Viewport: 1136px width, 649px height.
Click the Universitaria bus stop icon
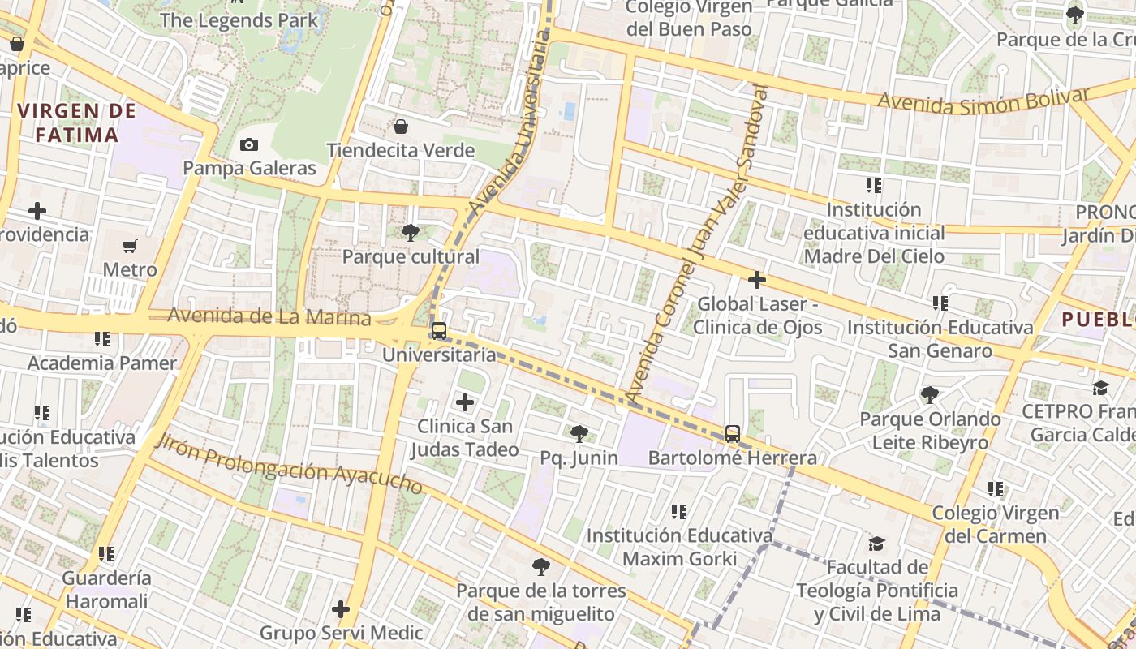point(438,331)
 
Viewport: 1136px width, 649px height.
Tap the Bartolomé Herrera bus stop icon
point(732,434)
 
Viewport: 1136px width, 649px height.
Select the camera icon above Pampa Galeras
point(249,145)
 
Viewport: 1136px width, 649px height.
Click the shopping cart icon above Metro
point(130,246)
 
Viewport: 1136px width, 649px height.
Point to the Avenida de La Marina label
point(269,316)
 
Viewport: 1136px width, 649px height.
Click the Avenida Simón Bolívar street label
point(984,100)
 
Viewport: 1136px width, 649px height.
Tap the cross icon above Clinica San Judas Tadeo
point(465,402)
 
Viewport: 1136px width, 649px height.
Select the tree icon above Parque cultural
point(411,233)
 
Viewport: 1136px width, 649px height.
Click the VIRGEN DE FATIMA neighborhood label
point(70,122)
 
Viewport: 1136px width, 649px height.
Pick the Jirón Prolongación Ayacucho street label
point(289,464)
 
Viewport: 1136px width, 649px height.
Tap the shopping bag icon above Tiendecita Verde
point(400,127)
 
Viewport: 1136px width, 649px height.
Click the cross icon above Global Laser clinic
point(757,281)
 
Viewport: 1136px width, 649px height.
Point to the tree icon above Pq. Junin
point(579,434)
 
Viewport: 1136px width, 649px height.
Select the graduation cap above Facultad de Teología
point(876,544)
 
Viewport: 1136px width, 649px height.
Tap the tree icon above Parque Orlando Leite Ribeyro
point(929,395)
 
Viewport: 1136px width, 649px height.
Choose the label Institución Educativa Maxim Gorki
point(679,547)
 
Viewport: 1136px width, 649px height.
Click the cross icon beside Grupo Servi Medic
point(341,608)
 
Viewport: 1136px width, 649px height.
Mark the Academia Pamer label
point(102,363)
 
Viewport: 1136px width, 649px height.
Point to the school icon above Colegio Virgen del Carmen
point(996,489)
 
